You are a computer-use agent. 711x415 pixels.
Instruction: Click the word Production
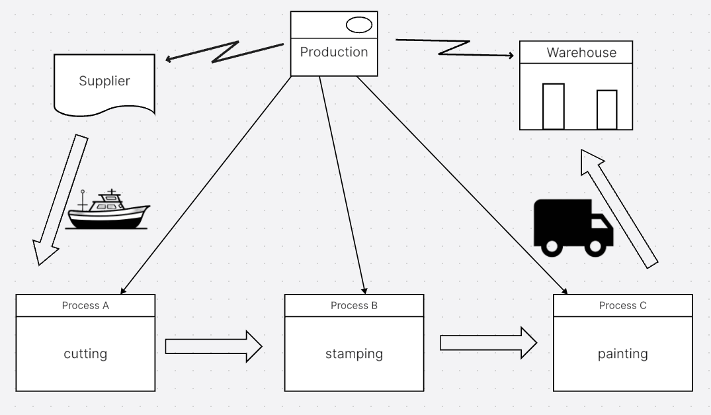click(x=334, y=52)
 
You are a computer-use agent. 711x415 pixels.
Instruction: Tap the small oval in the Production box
click(x=359, y=25)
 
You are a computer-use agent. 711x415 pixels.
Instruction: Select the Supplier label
click(x=105, y=81)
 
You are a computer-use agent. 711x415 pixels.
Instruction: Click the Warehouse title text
click(x=581, y=53)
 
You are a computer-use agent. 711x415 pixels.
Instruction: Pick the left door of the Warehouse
click(x=553, y=106)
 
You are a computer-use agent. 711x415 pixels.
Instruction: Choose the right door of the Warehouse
click(x=606, y=109)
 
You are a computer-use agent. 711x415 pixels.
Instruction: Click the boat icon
click(x=108, y=210)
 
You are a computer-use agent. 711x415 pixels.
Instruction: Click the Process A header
click(x=85, y=305)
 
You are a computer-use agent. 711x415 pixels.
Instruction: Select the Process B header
click(x=354, y=305)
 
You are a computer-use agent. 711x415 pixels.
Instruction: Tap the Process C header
click(x=622, y=305)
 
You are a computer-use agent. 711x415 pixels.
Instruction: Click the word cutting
click(x=85, y=353)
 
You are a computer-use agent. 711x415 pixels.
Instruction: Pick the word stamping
click(x=354, y=353)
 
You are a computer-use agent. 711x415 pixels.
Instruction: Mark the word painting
click(x=622, y=353)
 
